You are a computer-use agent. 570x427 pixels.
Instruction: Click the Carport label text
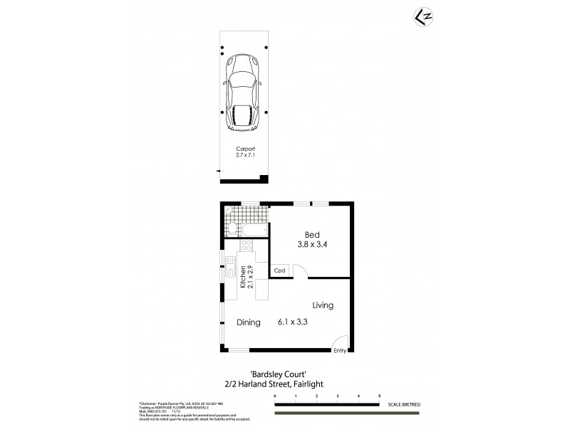click(245, 149)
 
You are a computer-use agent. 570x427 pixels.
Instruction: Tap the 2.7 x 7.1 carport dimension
click(245, 155)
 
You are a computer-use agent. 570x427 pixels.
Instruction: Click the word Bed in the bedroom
click(312, 235)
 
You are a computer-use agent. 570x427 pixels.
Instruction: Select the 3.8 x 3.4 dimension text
click(312, 245)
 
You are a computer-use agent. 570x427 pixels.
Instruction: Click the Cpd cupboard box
click(280, 271)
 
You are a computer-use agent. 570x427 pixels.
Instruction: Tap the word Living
click(323, 305)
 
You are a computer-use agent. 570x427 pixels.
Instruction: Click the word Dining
click(248, 322)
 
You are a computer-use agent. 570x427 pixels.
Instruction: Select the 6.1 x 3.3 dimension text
click(292, 322)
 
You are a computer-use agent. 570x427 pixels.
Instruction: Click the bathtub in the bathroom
click(254, 230)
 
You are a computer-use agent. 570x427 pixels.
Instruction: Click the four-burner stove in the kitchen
click(247, 246)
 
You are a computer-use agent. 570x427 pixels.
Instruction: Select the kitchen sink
click(231, 271)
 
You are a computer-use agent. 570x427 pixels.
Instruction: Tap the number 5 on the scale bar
click(379, 395)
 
